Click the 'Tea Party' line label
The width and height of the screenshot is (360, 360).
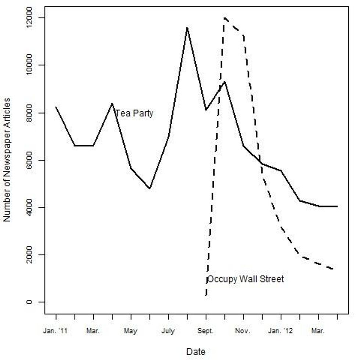pos(134,114)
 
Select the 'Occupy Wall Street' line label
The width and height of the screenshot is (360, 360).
pos(246,279)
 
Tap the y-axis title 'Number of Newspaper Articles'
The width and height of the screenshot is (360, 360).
pos(7,159)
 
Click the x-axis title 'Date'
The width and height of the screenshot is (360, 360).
pos(195,351)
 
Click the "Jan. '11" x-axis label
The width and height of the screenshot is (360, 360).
pos(55,331)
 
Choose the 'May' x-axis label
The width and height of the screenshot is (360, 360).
pos(130,331)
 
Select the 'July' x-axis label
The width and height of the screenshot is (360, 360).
pos(168,331)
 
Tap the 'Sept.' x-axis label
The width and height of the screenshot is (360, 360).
pos(206,331)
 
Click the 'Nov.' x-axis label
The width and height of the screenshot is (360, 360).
pos(243,331)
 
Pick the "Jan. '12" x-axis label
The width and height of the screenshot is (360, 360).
pos(281,331)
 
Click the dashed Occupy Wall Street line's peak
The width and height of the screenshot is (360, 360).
pos(224,18)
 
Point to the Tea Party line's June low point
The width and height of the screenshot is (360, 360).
pos(150,188)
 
